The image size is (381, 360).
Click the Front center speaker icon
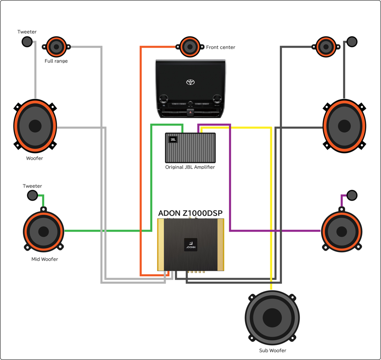[x=190, y=47]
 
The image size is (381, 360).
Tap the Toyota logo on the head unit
[x=190, y=82]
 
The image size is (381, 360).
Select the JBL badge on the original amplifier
[x=173, y=140]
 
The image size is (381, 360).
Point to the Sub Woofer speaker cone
[x=272, y=317]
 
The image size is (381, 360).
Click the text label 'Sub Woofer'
[x=272, y=350]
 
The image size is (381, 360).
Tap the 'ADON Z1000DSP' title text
[x=190, y=213]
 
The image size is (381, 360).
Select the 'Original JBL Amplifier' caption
[x=190, y=167]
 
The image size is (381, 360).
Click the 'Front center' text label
[x=221, y=47]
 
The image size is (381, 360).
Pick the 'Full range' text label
[x=56, y=61]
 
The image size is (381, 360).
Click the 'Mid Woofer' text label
[x=45, y=259]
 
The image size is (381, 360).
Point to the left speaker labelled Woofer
[x=35, y=126]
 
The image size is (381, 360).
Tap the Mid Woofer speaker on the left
[x=43, y=231]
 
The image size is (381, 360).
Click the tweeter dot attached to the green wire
[x=32, y=195]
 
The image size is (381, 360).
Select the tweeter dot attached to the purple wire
[x=352, y=195]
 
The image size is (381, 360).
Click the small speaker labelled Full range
[x=56, y=47]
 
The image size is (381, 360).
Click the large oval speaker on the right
[x=345, y=126]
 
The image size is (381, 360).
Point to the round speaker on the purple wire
[x=342, y=231]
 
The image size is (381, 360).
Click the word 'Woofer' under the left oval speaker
[x=35, y=158]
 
